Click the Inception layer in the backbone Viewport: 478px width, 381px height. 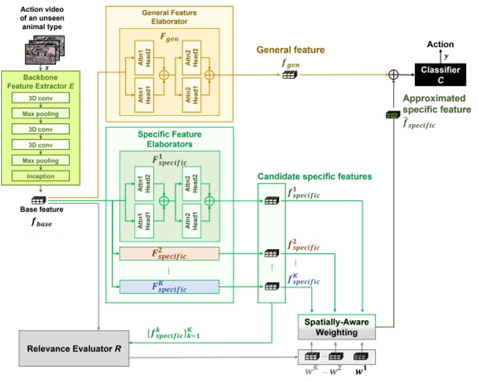[x=40, y=176]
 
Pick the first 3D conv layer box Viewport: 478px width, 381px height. [x=40, y=96]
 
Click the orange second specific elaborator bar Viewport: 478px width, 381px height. [x=169, y=254]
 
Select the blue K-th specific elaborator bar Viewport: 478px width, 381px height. [x=169, y=287]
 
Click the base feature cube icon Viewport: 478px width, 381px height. [x=40, y=201]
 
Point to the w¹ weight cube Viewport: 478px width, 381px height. [x=358, y=357]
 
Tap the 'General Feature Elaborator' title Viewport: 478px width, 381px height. [x=169, y=16]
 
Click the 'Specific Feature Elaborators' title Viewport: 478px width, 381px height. [x=169, y=138]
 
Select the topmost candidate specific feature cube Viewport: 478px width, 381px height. [x=271, y=201]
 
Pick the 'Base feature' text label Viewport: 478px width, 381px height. [x=40, y=210]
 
